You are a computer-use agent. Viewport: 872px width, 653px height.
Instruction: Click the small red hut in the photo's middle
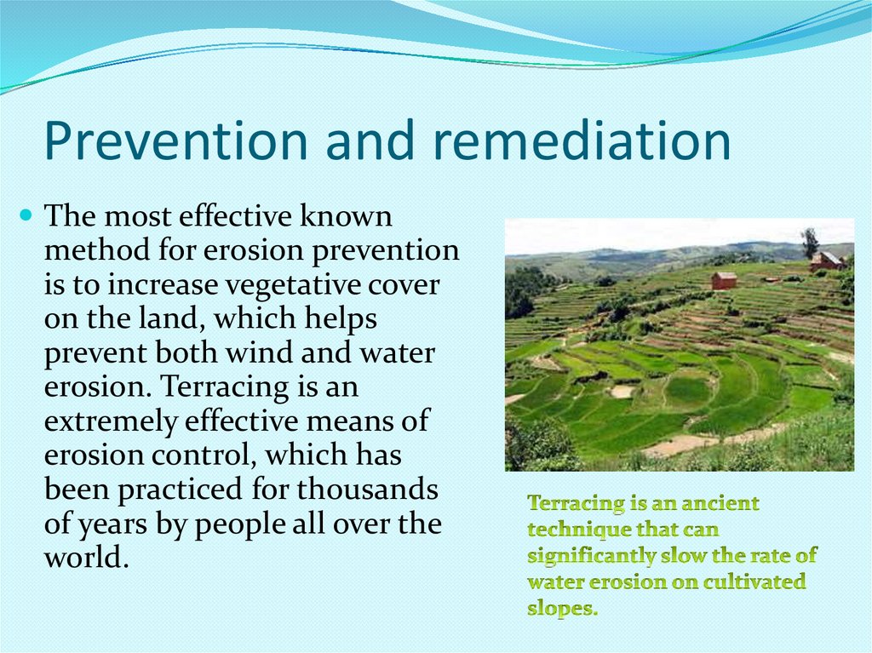724,280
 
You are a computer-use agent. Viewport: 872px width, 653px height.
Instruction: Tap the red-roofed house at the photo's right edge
827,260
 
